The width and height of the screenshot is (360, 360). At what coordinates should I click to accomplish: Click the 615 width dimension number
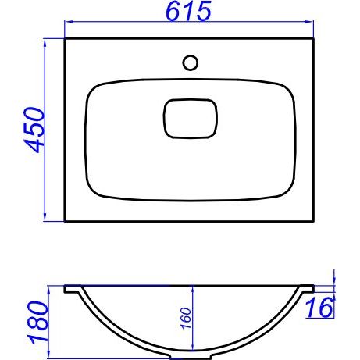(x=188, y=11)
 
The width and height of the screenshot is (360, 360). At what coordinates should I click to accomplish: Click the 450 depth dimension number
(x=34, y=130)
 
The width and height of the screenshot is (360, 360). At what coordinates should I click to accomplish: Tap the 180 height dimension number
(x=38, y=322)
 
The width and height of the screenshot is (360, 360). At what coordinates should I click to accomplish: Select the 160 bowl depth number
(x=187, y=318)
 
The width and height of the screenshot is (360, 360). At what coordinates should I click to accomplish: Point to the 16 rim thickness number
(x=319, y=308)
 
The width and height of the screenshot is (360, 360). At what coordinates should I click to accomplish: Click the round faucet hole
(x=191, y=62)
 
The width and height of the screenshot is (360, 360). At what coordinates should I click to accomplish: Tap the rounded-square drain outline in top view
(x=191, y=119)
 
